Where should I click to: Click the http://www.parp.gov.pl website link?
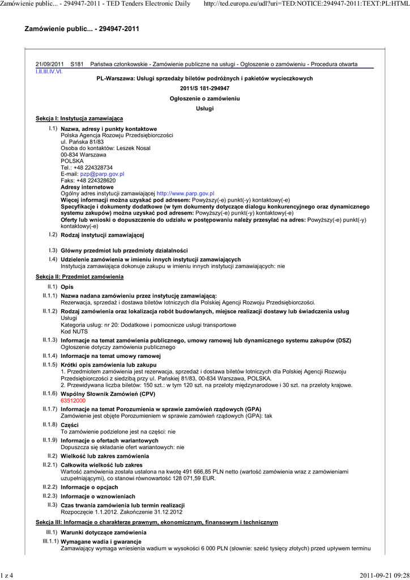pyautogui.click(x=185, y=193)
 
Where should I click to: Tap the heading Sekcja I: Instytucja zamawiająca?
pyautogui.click(x=79, y=118)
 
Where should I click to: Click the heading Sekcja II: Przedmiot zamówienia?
pyautogui.click(x=79, y=276)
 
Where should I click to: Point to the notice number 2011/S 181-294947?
pyautogui.click(x=204, y=88)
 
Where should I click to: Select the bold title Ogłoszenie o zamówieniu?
pyautogui.click(x=204, y=99)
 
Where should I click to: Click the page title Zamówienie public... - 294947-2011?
pyautogui.click(x=82, y=28)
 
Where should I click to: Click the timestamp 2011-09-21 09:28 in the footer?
pyautogui.click(x=384, y=575)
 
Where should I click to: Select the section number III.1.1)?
pyautogui.click(x=49, y=541)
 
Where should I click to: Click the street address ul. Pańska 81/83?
pyautogui.click(x=82, y=142)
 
